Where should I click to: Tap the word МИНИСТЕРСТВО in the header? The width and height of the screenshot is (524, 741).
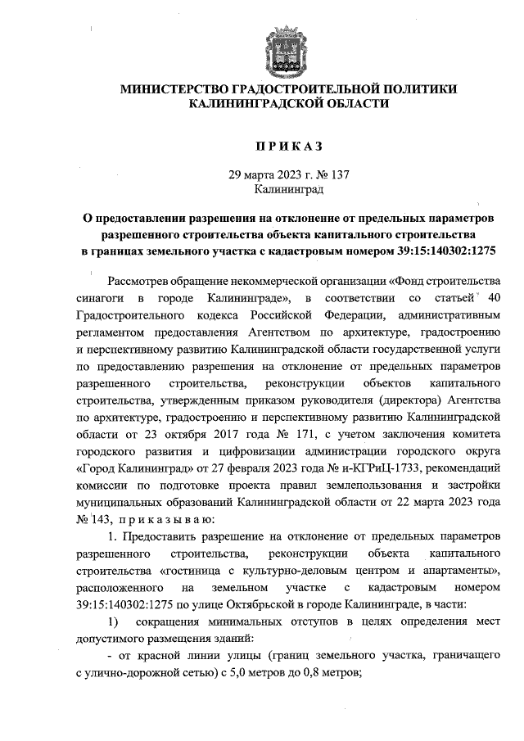point(174,88)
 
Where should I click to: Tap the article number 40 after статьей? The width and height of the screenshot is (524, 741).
point(490,300)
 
